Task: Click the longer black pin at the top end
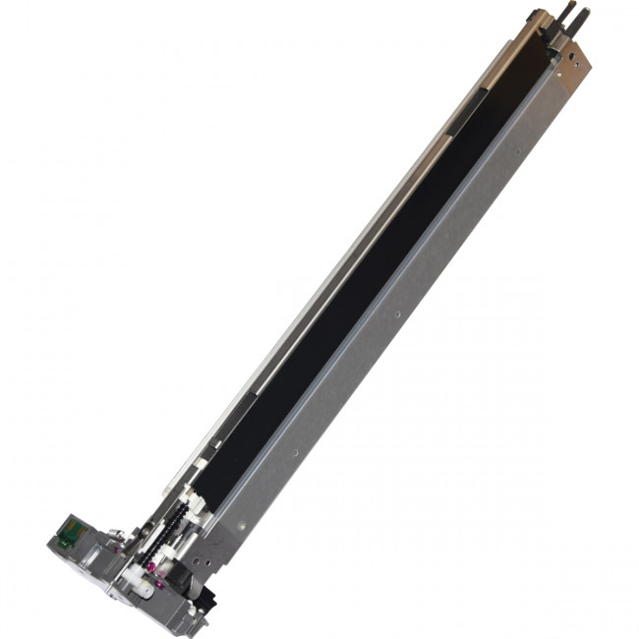[x=570, y=15]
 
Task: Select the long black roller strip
[x=374, y=285]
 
